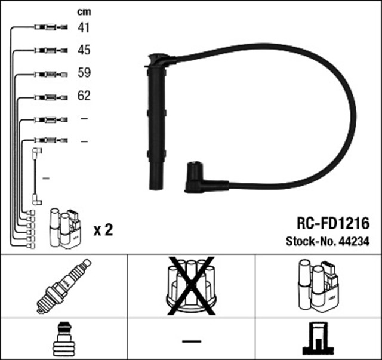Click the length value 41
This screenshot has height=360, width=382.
tap(84, 27)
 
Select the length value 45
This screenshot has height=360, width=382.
tap(84, 50)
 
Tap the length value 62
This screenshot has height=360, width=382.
tap(84, 96)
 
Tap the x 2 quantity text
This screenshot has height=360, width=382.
tap(103, 229)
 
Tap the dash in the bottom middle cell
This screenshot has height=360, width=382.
tap(191, 340)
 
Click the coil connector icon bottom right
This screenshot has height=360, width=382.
tap(319, 339)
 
